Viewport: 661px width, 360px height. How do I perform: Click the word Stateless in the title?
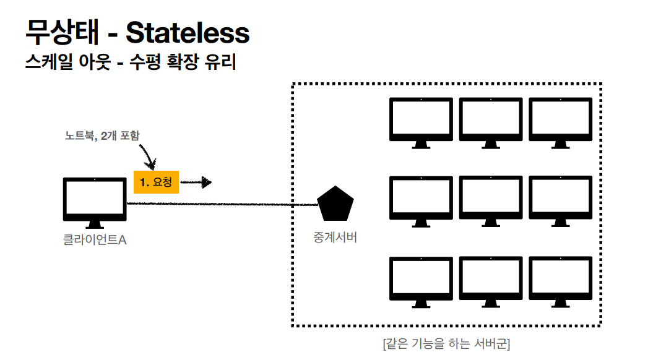point(188,33)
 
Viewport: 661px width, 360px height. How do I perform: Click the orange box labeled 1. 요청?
point(157,182)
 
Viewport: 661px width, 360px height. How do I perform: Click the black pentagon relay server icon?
point(335,204)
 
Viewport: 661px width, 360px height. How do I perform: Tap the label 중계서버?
point(335,237)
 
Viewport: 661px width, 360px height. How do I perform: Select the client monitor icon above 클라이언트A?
point(95,200)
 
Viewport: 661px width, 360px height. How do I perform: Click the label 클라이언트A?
point(95,239)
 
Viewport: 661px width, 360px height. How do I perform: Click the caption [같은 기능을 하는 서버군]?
point(446,344)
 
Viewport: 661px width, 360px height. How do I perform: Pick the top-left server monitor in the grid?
point(421,121)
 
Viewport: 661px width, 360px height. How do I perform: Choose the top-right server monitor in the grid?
point(560,121)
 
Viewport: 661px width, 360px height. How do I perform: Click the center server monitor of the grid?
point(491,199)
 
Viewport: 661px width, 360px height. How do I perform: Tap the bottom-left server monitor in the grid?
point(421,280)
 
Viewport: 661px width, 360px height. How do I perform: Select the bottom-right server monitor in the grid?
point(560,280)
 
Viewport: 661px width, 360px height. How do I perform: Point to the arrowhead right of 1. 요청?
point(206,182)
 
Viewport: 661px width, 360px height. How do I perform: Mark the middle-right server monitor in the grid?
point(560,199)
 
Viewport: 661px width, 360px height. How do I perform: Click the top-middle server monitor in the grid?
point(491,121)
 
